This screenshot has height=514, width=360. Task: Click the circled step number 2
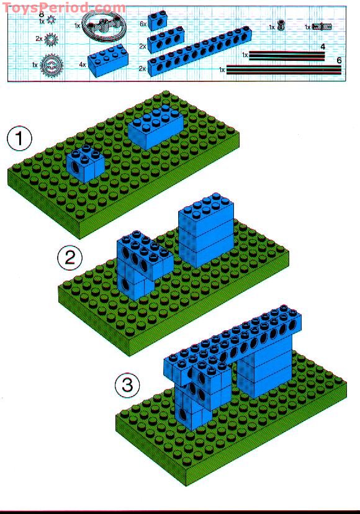coord(70,258)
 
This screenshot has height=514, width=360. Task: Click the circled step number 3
coord(127,385)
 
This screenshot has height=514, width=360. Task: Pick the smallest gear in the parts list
coord(51,20)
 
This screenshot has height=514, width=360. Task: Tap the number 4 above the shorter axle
coord(322,47)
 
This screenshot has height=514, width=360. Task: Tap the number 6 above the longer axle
coord(338,61)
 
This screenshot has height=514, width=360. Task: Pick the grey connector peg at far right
coord(323,27)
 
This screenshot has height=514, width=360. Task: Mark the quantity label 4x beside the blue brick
coord(82,65)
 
